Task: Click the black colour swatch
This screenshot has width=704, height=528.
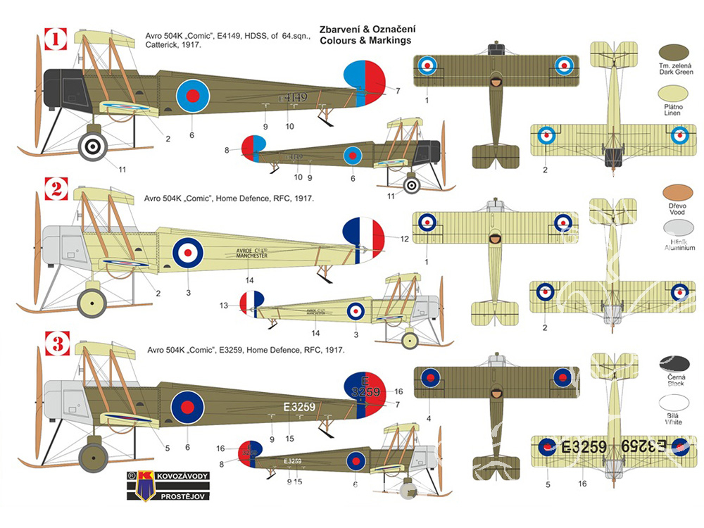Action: coord(674,364)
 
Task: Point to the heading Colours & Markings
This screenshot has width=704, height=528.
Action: coord(365,40)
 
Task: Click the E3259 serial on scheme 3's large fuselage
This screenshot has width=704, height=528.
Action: coord(299,406)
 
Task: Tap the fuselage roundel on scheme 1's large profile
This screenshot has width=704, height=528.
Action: coord(192,96)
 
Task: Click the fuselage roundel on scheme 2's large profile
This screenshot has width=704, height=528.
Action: coord(188,251)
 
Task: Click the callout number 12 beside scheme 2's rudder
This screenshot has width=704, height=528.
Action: coord(403,239)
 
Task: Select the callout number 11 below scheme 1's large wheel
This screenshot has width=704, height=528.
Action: coord(122,169)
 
